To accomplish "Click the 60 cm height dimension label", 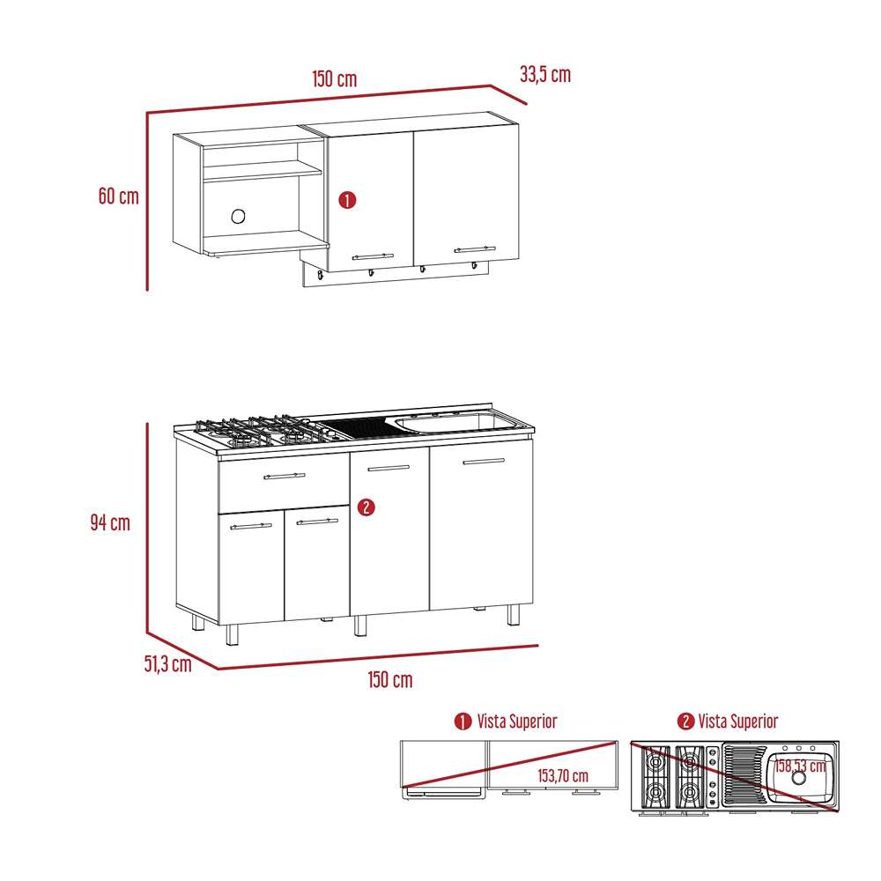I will [118, 196].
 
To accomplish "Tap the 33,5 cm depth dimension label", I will [544, 75].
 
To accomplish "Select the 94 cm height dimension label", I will [109, 522].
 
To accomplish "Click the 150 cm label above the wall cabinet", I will [334, 78].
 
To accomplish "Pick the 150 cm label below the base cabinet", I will [389, 680].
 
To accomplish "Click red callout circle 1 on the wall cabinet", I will [347, 201].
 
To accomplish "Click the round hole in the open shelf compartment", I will [239, 216].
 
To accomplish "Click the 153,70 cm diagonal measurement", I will [564, 775].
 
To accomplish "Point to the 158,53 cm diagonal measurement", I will [800, 765].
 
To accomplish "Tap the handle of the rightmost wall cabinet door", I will [475, 250].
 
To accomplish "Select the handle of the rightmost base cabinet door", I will [484, 461].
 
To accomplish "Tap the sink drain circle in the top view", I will [798, 777].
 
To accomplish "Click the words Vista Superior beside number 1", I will [517, 722].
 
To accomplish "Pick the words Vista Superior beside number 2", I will [738, 722].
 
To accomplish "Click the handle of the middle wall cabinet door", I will [373, 256].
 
